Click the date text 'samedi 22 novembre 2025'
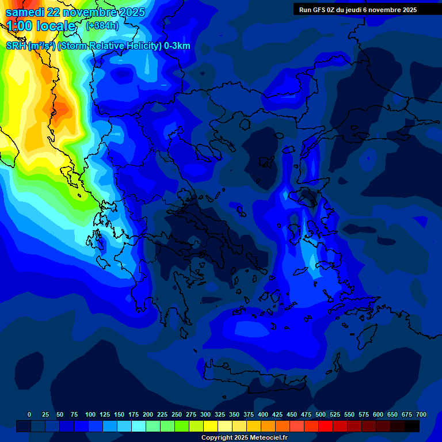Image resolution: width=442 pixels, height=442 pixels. pos(75,12)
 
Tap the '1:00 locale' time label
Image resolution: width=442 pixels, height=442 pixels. pos(41,26)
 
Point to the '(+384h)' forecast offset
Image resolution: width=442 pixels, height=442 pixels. pos(102,25)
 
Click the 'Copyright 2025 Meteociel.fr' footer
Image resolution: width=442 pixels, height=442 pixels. pos(245,438)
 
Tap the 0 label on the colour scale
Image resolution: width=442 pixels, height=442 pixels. pos(29,414)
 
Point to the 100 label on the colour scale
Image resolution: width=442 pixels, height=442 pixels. pos(90,414)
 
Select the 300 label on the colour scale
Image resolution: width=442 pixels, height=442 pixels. pos(205,414)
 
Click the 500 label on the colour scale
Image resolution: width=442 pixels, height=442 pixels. pos(321,414)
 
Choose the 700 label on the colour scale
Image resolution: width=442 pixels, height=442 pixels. pos(421,414)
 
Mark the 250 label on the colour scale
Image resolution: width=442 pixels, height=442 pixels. pos(177,414)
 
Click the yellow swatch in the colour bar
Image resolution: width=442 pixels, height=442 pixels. pos(211,426)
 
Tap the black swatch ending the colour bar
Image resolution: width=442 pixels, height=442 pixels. pos(412,426)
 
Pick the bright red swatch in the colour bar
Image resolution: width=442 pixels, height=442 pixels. pos(326,426)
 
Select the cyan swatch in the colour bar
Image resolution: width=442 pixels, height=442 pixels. pos(139,426)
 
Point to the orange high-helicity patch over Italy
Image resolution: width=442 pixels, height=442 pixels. pos(58,109)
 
